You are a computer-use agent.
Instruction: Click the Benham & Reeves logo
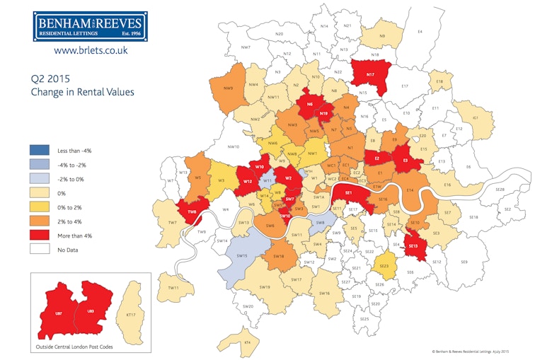[x=91, y=27]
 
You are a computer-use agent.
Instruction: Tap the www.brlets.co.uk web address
[x=91, y=51]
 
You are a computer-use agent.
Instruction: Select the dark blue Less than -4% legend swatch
[x=40, y=151]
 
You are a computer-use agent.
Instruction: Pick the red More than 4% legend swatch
[x=40, y=234]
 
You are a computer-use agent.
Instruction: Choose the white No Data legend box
[x=40, y=248]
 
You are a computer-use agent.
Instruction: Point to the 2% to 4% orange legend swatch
[x=40, y=220]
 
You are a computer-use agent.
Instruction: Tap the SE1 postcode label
[x=348, y=192]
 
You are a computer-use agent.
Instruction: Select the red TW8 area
[x=191, y=211]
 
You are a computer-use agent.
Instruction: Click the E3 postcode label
[x=405, y=161]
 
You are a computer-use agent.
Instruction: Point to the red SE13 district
[x=415, y=245]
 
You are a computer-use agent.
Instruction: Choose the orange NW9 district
[x=229, y=88]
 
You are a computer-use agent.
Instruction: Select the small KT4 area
[x=248, y=342]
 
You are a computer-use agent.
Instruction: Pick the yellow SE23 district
[x=384, y=265]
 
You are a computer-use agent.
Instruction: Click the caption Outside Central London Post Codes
[x=73, y=347]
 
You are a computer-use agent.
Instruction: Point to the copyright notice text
[x=471, y=352]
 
